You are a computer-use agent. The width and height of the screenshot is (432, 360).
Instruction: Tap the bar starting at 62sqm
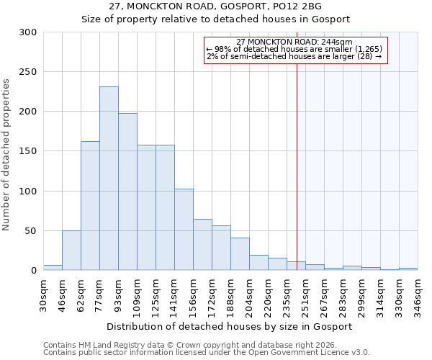click(x=90, y=206)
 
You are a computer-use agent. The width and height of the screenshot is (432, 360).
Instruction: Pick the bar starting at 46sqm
click(x=71, y=251)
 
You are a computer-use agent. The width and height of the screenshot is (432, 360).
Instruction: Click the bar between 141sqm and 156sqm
click(x=184, y=230)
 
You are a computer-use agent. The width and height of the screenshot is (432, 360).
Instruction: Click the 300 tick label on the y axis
click(x=28, y=32)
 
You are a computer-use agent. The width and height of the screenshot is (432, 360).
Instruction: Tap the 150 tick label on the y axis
click(x=28, y=151)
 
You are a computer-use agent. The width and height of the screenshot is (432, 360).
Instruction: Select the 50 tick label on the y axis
click(x=31, y=231)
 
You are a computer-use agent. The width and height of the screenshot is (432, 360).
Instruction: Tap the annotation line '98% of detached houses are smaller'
click(x=295, y=49)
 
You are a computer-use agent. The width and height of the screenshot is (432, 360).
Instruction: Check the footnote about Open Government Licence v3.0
click(x=207, y=353)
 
